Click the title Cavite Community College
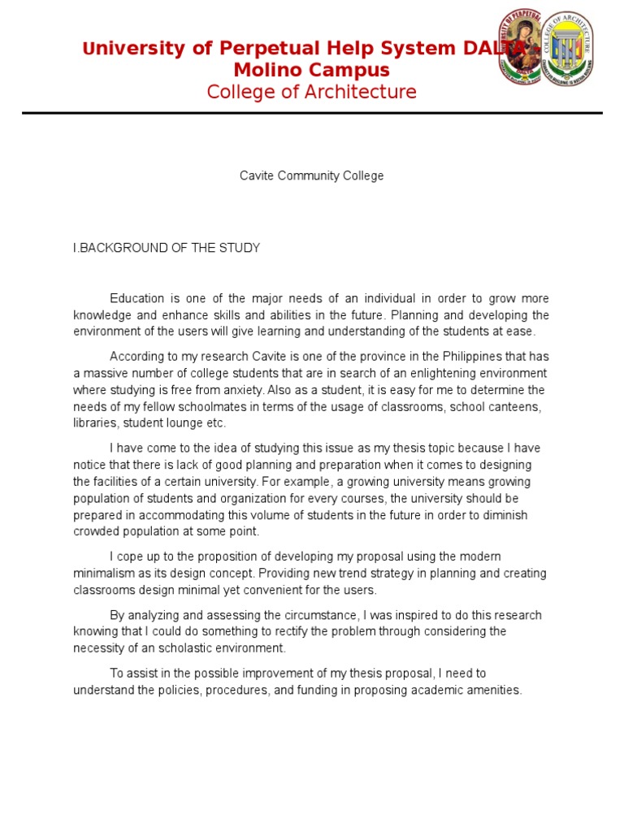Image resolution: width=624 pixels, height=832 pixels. [311, 175]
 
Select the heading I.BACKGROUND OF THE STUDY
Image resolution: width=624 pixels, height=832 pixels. [167, 248]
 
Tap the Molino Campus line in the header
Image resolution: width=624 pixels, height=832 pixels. [311, 70]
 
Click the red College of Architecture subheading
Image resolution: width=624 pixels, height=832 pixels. [311, 92]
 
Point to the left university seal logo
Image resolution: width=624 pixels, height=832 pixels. [520, 47]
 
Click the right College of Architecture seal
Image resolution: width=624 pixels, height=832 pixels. [568, 49]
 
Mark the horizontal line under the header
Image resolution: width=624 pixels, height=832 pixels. [311, 113]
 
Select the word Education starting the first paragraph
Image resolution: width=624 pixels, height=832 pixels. [137, 299]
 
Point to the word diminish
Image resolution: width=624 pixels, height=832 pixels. [505, 515]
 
